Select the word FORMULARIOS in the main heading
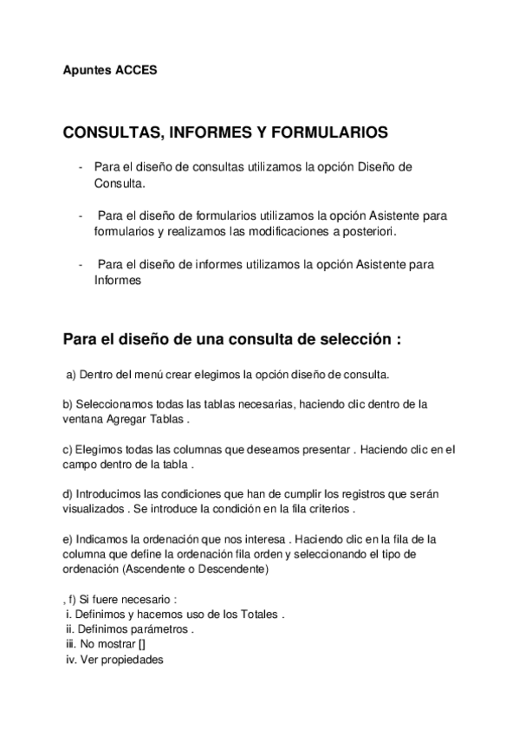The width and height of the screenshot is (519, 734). [x=329, y=133]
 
